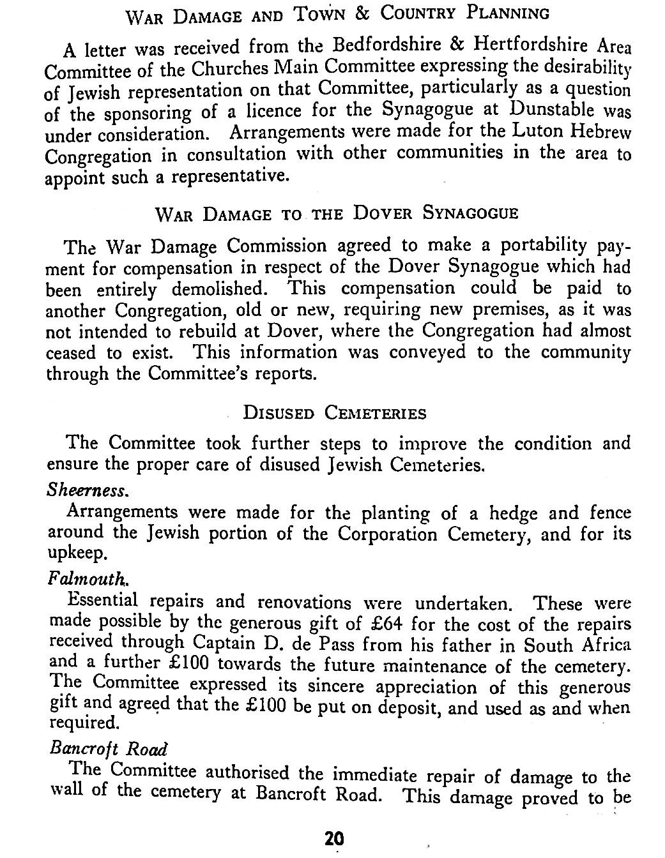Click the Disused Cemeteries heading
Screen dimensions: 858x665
tap(335, 412)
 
